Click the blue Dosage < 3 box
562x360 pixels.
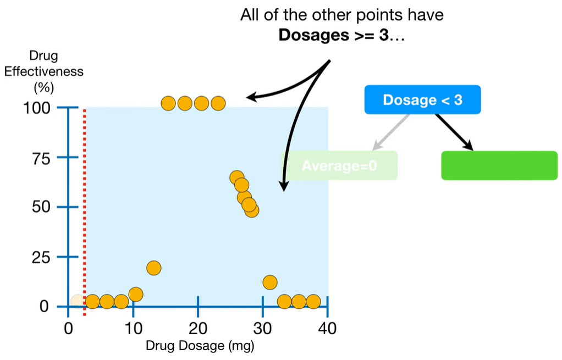[x=422, y=100]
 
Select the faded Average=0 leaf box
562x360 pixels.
[x=339, y=165]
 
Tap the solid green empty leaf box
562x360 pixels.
[x=499, y=165]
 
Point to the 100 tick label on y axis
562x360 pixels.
[x=37, y=108]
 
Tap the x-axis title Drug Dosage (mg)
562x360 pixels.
[x=200, y=346]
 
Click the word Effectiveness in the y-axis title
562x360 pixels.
[x=44, y=71]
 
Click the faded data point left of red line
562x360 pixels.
[x=78, y=301]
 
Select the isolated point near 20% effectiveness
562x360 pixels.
[x=153, y=268]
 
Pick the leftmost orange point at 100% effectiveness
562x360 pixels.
[x=168, y=103]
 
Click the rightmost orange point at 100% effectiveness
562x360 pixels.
[x=218, y=103]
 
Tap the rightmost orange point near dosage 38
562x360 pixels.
[x=313, y=301]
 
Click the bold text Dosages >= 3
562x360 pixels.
[x=333, y=35]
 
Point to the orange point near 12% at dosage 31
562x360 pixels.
[x=269, y=283]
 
